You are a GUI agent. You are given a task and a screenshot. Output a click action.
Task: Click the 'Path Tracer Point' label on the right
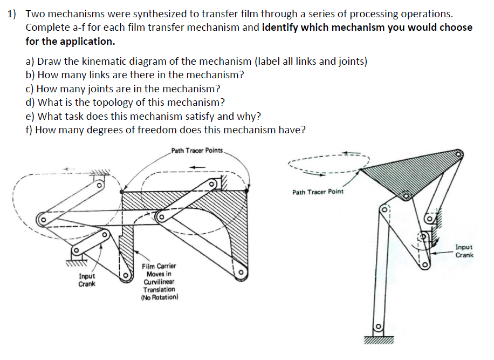(318, 192)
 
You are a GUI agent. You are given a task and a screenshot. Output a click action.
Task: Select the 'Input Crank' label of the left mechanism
(87, 280)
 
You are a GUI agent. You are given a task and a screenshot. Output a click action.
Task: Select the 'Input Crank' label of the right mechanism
(464, 251)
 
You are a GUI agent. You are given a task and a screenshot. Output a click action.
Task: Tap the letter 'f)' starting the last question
(30, 130)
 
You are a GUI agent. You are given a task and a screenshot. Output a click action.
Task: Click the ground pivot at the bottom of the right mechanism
(378, 327)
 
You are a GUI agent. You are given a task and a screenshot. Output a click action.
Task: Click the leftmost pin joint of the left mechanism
(40, 220)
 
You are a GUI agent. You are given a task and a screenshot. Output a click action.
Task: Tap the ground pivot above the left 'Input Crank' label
(77, 250)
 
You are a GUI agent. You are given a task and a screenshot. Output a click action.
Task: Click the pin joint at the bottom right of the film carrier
(240, 273)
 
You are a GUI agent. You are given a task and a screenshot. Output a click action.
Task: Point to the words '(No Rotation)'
(159, 297)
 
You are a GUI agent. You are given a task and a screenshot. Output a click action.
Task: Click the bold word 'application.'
(88, 41)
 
